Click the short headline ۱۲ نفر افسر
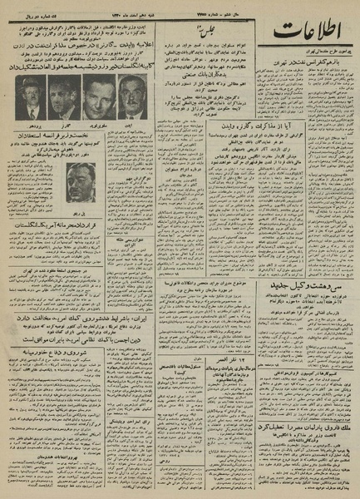coord(189,342)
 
